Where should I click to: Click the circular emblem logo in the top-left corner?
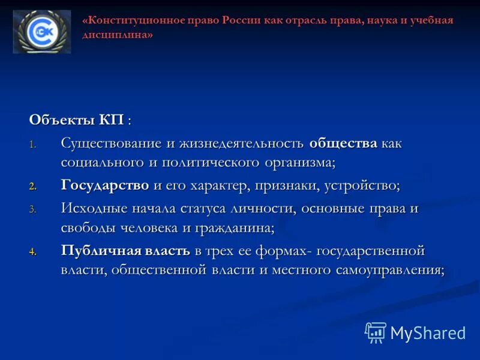pos(41,32)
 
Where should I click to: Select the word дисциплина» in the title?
pos(118,35)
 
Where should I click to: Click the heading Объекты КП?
pos(80,119)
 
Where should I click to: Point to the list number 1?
pos(33,145)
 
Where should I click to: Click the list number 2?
pos(33,187)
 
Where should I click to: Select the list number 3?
pos(33,210)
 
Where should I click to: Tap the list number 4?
pos(33,252)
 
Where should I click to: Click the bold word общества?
pos(343,143)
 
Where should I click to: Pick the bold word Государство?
pos(105,185)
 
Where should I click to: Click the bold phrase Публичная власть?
pos(125,251)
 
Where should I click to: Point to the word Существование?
pos(111,143)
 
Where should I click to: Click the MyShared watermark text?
pos(428,333)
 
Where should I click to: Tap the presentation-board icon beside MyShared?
pos(376,332)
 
